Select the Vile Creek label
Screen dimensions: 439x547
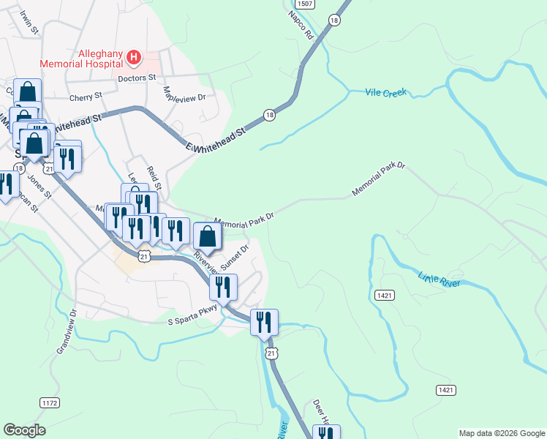point(385,93)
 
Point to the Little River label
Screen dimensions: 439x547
point(440,279)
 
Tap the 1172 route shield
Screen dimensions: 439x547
point(49,403)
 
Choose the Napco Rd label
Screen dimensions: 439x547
point(301,25)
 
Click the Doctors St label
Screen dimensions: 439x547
point(137,77)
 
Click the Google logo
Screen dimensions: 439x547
point(24,430)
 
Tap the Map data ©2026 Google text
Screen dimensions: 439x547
point(501,433)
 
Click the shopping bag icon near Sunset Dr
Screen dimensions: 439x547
point(208,236)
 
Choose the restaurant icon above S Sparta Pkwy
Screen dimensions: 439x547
point(223,287)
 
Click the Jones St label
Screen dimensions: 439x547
point(39,186)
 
